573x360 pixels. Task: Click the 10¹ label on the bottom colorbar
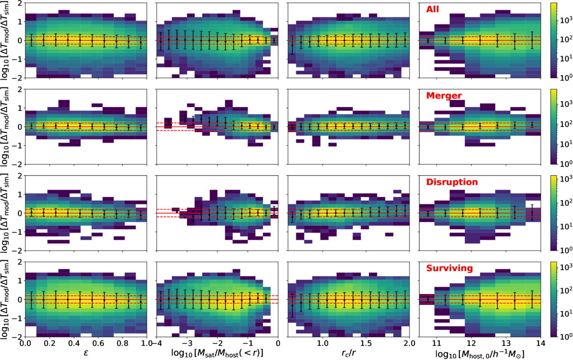click(x=564, y=313)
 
